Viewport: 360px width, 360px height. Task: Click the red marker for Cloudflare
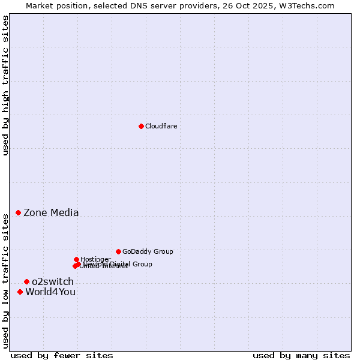point(141,126)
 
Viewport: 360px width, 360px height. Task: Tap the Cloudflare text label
point(161,126)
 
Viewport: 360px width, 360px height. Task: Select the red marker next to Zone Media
point(18,212)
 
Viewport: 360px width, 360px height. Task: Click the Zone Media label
point(51,212)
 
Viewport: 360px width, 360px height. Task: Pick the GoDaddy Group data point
point(118,251)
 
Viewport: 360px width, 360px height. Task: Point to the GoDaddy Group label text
point(148,251)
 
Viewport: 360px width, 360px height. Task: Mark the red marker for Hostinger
point(76,259)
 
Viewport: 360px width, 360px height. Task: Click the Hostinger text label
point(95,259)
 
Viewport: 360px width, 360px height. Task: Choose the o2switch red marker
point(26,281)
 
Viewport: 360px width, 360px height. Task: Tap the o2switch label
point(53,281)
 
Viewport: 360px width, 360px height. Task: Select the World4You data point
point(20,292)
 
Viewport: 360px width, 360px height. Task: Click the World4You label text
point(50,292)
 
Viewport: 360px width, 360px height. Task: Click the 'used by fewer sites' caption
point(61,355)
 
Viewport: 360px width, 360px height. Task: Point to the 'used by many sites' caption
point(301,355)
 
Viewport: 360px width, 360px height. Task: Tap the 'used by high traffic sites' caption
point(5,86)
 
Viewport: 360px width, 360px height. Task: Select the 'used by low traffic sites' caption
point(5,281)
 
